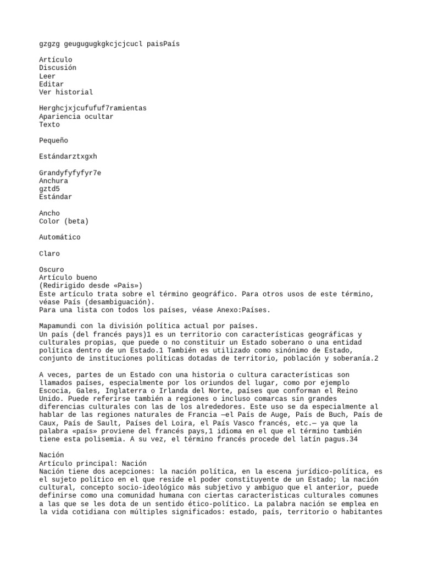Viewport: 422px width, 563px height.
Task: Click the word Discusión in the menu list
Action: coord(58,68)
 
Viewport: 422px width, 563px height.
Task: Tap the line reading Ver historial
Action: coord(66,92)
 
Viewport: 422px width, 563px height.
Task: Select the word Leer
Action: coord(47,76)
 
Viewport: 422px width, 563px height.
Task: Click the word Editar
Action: coord(52,84)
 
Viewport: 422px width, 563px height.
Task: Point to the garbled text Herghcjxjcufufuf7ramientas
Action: coord(93,108)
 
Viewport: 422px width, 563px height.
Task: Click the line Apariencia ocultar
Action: coord(76,117)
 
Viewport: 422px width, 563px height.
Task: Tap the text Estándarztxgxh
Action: coord(68,157)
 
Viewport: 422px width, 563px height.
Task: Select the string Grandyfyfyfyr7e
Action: coord(70,173)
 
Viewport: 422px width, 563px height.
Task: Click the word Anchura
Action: coord(54,181)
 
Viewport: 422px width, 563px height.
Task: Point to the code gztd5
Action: coord(49,189)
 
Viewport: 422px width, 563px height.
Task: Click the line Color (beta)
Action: coord(64,221)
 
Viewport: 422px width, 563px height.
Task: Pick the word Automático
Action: coord(60,238)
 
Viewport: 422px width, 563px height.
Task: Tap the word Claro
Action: coord(49,253)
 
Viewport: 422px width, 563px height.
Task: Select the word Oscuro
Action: coord(52,270)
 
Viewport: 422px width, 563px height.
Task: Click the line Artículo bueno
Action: coord(68,278)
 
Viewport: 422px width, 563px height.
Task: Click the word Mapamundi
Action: coord(58,326)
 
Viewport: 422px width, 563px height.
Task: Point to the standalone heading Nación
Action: coord(52,455)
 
